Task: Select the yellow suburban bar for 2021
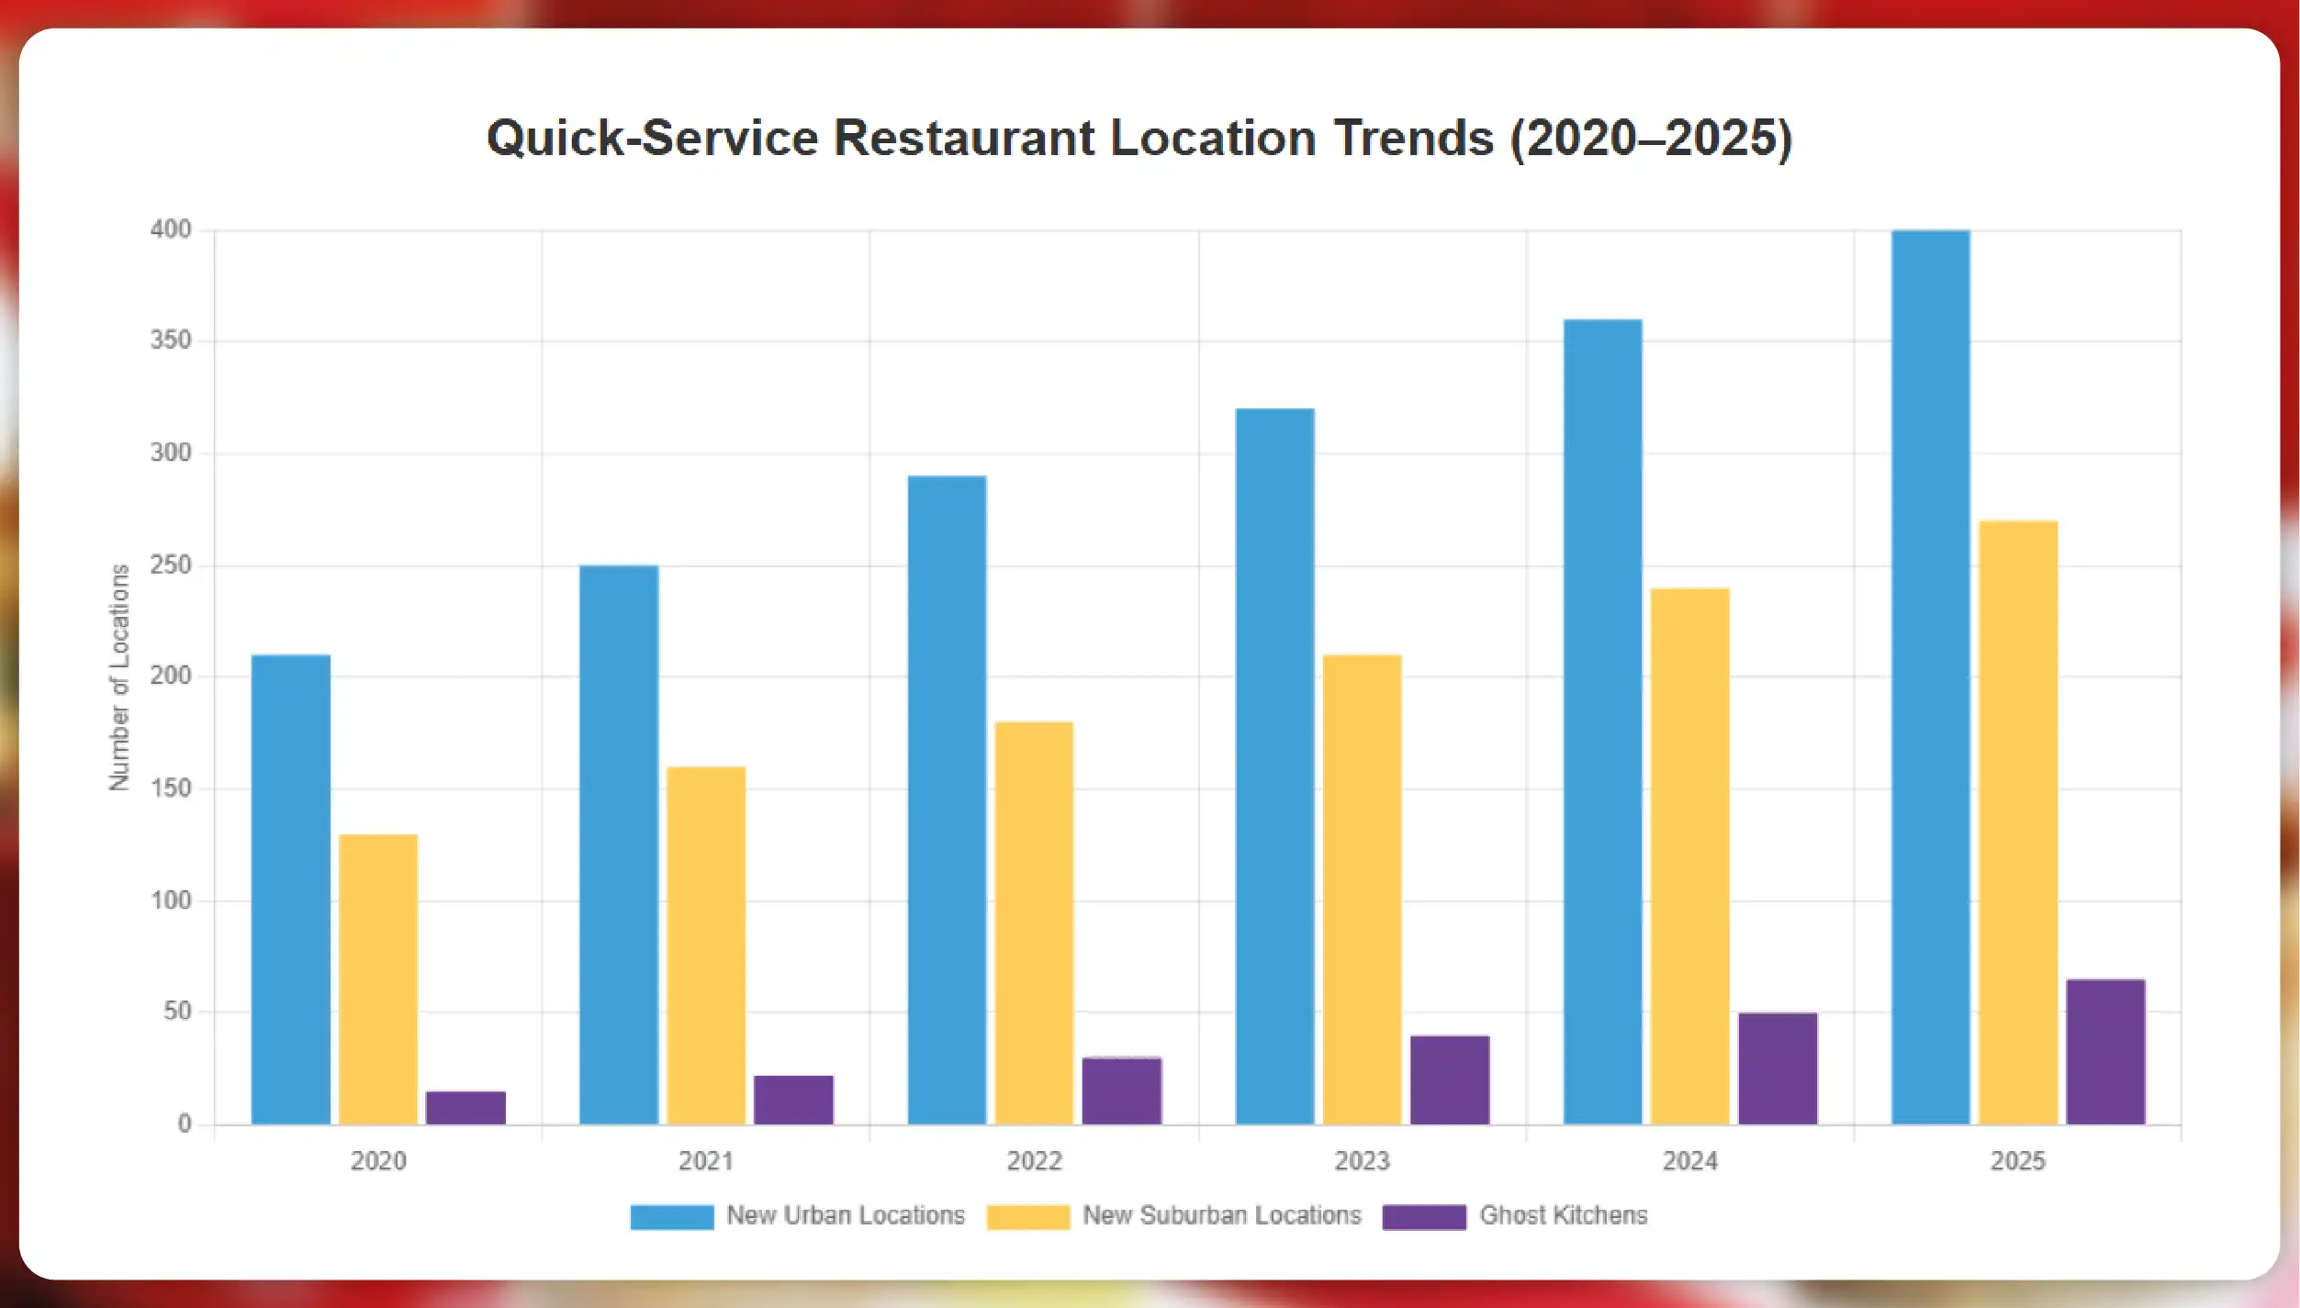(706, 945)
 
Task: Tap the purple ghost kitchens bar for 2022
(1121, 1090)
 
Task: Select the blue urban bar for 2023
(1274, 766)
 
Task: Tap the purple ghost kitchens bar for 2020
(466, 1107)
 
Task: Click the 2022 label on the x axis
(1034, 1161)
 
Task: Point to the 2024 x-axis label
(1689, 1161)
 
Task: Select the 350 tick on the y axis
(171, 341)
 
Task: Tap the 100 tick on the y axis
(171, 900)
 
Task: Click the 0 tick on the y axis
(185, 1124)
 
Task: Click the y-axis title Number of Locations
(119, 676)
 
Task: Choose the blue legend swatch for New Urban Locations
(671, 1216)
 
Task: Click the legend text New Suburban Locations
(1221, 1215)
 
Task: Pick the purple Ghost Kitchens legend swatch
(1423, 1216)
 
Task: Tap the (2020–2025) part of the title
(1651, 139)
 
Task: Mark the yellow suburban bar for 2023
(1362, 889)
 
